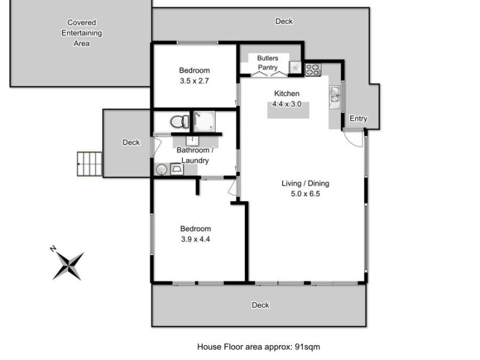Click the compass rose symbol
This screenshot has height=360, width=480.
click(x=68, y=263)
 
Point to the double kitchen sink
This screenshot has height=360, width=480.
click(x=335, y=94)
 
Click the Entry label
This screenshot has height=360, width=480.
click(x=358, y=119)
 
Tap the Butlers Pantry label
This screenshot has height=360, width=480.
click(x=268, y=63)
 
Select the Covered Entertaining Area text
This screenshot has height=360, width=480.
click(x=82, y=33)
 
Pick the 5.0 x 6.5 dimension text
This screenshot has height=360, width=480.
click(x=305, y=194)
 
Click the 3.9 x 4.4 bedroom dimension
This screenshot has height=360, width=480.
click(x=196, y=239)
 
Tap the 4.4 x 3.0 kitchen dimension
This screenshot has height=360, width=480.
click(x=286, y=104)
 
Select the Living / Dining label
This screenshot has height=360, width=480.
click(x=305, y=184)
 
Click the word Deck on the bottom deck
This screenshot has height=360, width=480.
click(x=260, y=305)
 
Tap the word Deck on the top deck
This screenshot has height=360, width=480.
click(x=284, y=22)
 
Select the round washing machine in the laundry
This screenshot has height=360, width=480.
click(x=161, y=170)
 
